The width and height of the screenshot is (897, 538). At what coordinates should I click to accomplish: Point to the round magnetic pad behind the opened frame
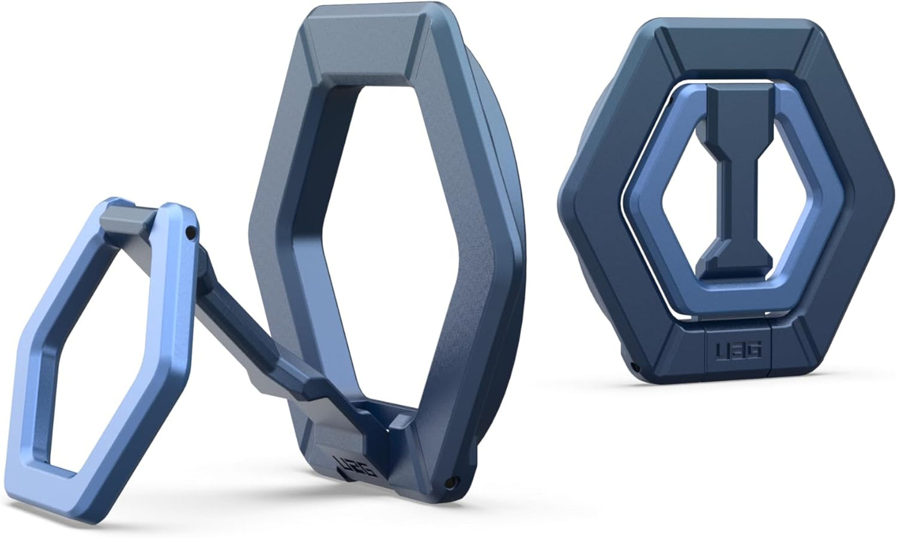tap(497, 186)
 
